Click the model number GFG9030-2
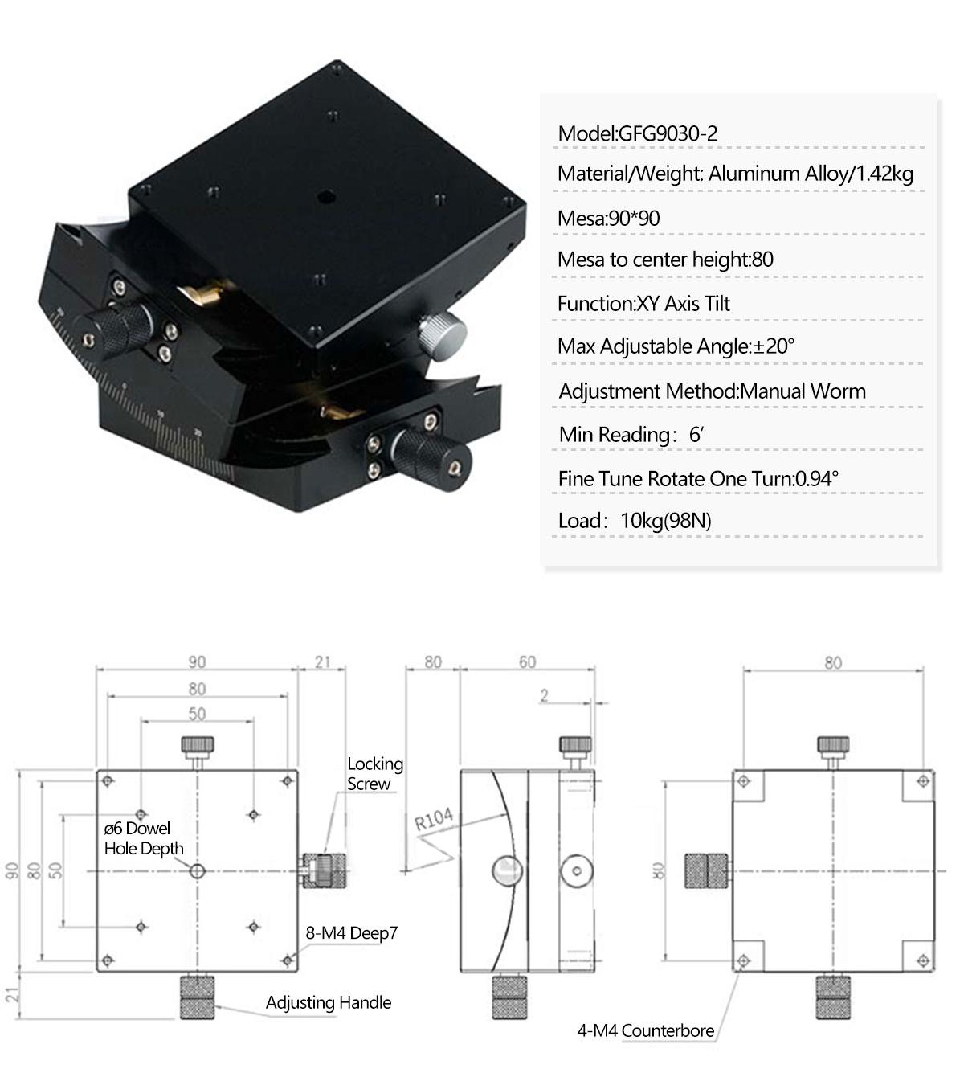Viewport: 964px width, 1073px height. coord(668,133)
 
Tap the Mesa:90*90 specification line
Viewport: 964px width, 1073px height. coord(609,218)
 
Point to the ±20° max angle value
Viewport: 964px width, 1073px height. coord(774,346)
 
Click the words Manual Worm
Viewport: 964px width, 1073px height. coord(803,391)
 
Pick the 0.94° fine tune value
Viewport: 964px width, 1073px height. coord(816,479)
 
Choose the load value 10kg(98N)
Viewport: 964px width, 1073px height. coord(666,521)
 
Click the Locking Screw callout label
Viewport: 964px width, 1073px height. coord(374,773)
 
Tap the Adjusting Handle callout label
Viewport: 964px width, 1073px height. coord(329,1002)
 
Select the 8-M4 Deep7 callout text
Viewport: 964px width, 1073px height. coord(351,933)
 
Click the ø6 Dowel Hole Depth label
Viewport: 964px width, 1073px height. coord(143,838)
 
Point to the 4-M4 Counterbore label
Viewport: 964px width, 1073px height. coord(645,1030)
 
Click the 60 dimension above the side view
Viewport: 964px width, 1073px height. coord(527,662)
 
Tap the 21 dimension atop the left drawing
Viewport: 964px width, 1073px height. coord(322,661)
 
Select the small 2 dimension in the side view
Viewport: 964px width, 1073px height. coord(544,695)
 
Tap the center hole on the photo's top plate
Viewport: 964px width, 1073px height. coord(326,195)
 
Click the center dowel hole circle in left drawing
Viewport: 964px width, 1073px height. coord(198,870)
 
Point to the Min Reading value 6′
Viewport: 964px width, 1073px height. coord(696,435)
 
